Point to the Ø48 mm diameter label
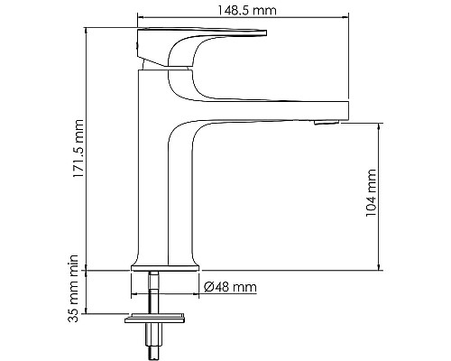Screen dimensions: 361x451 [x=231, y=288]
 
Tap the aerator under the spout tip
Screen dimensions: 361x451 [x=327, y=120]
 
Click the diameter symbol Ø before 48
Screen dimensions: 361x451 [x=209, y=288]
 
